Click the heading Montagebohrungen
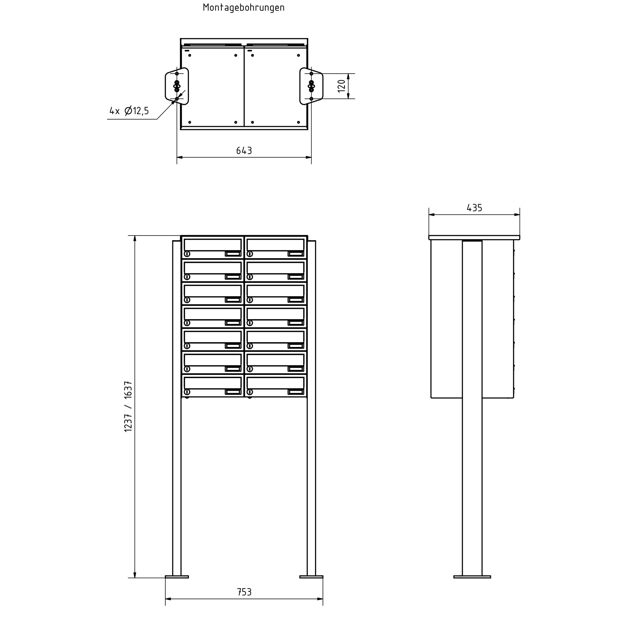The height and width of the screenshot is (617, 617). point(244,8)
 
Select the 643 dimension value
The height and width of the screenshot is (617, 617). point(244,150)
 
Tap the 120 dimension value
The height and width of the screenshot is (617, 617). point(341,86)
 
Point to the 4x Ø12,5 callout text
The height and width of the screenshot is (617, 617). point(129,111)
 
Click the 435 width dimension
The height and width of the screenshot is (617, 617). point(474,208)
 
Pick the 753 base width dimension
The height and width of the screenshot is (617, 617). point(244,592)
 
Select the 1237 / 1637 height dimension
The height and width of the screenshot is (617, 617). point(128,406)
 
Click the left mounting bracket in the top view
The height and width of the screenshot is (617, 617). point(177,86)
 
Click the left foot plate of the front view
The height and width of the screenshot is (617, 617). point(177,577)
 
